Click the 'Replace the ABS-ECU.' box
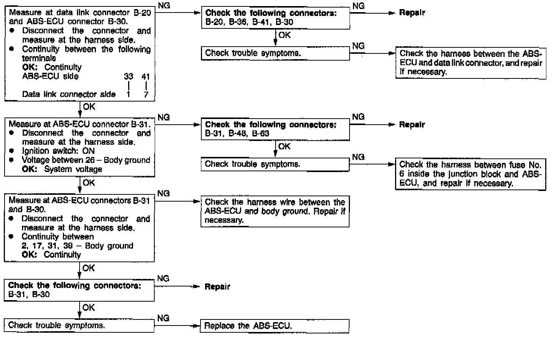pyautogui.click(x=274, y=326)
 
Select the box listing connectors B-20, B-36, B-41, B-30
pyautogui.click(x=275, y=18)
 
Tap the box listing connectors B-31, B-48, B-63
pyautogui.click(x=275, y=129)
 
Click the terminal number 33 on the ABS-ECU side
pyautogui.click(x=129, y=77)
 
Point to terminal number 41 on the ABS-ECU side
pyautogui.click(x=146, y=77)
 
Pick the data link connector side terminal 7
pyautogui.click(x=146, y=95)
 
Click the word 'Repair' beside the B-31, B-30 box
pyautogui.click(x=217, y=287)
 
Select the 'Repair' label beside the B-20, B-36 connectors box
pyautogui.click(x=412, y=13)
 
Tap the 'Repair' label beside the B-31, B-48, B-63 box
pyautogui.click(x=412, y=125)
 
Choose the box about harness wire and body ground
pyautogui.click(x=275, y=211)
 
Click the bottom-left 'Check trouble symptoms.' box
pyautogui.click(x=79, y=326)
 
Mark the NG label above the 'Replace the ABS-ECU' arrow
pyautogui.click(x=163, y=318)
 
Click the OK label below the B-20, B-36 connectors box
pyautogui.click(x=284, y=35)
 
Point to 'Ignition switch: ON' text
pyautogui.click(x=58, y=151)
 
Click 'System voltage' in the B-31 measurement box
pyautogui.click(x=73, y=169)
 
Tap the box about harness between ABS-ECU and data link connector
pyautogui.click(x=470, y=63)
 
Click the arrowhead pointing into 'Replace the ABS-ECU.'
pyautogui.click(x=196, y=326)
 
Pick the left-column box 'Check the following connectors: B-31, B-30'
pyautogui.click(x=79, y=290)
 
